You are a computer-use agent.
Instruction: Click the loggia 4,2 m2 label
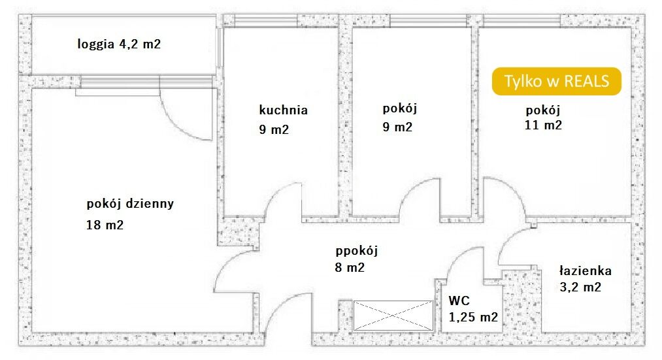coord(119,44)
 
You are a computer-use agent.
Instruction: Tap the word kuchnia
coord(283,110)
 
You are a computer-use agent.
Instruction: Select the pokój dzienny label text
coord(130,204)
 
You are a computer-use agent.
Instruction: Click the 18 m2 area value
coord(105,225)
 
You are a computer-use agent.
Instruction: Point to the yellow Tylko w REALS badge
coord(556,81)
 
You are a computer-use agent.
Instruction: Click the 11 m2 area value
coord(543,125)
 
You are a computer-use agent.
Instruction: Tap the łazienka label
coord(585,270)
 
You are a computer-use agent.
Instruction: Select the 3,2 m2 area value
coord(580,287)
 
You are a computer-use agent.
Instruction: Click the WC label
coord(459,301)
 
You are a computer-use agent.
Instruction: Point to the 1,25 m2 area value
coord(473,317)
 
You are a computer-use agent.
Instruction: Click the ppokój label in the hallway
coord(357,251)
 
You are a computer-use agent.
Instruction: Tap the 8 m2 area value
coord(350,268)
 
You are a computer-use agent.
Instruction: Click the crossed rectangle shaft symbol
coord(393,316)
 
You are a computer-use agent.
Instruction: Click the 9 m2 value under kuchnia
coord(274,129)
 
